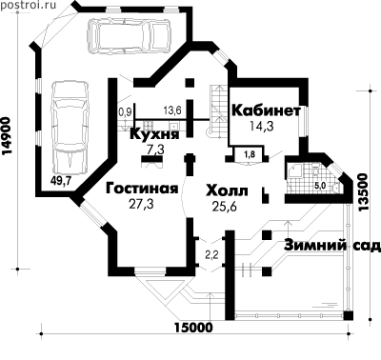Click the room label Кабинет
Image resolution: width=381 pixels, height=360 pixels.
click(x=266, y=110)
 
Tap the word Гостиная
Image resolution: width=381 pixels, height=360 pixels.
click(x=142, y=189)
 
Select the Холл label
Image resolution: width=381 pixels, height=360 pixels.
click(x=227, y=191)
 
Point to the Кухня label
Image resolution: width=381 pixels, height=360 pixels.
click(x=154, y=134)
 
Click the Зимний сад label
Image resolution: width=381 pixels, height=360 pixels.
click(x=332, y=246)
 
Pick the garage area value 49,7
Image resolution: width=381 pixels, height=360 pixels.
click(x=61, y=181)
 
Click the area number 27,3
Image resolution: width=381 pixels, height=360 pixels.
click(x=141, y=204)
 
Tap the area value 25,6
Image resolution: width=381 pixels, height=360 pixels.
click(x=225, y=207)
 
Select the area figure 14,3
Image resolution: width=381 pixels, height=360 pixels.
click(x=261, y=126)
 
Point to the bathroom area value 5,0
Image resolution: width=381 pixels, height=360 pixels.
click(x=320, y=186)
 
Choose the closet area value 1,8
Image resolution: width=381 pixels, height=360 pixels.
click(x=249, y=155)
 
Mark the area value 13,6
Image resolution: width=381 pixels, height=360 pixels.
click(x=172, y=110)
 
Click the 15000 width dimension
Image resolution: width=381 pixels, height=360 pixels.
click(x=193, y=328)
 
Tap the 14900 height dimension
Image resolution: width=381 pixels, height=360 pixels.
click(x=7, y=136)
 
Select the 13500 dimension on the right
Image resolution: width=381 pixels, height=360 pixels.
click(x=362, y=192)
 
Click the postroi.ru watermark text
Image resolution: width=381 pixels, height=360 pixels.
click(x=29, y=5)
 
